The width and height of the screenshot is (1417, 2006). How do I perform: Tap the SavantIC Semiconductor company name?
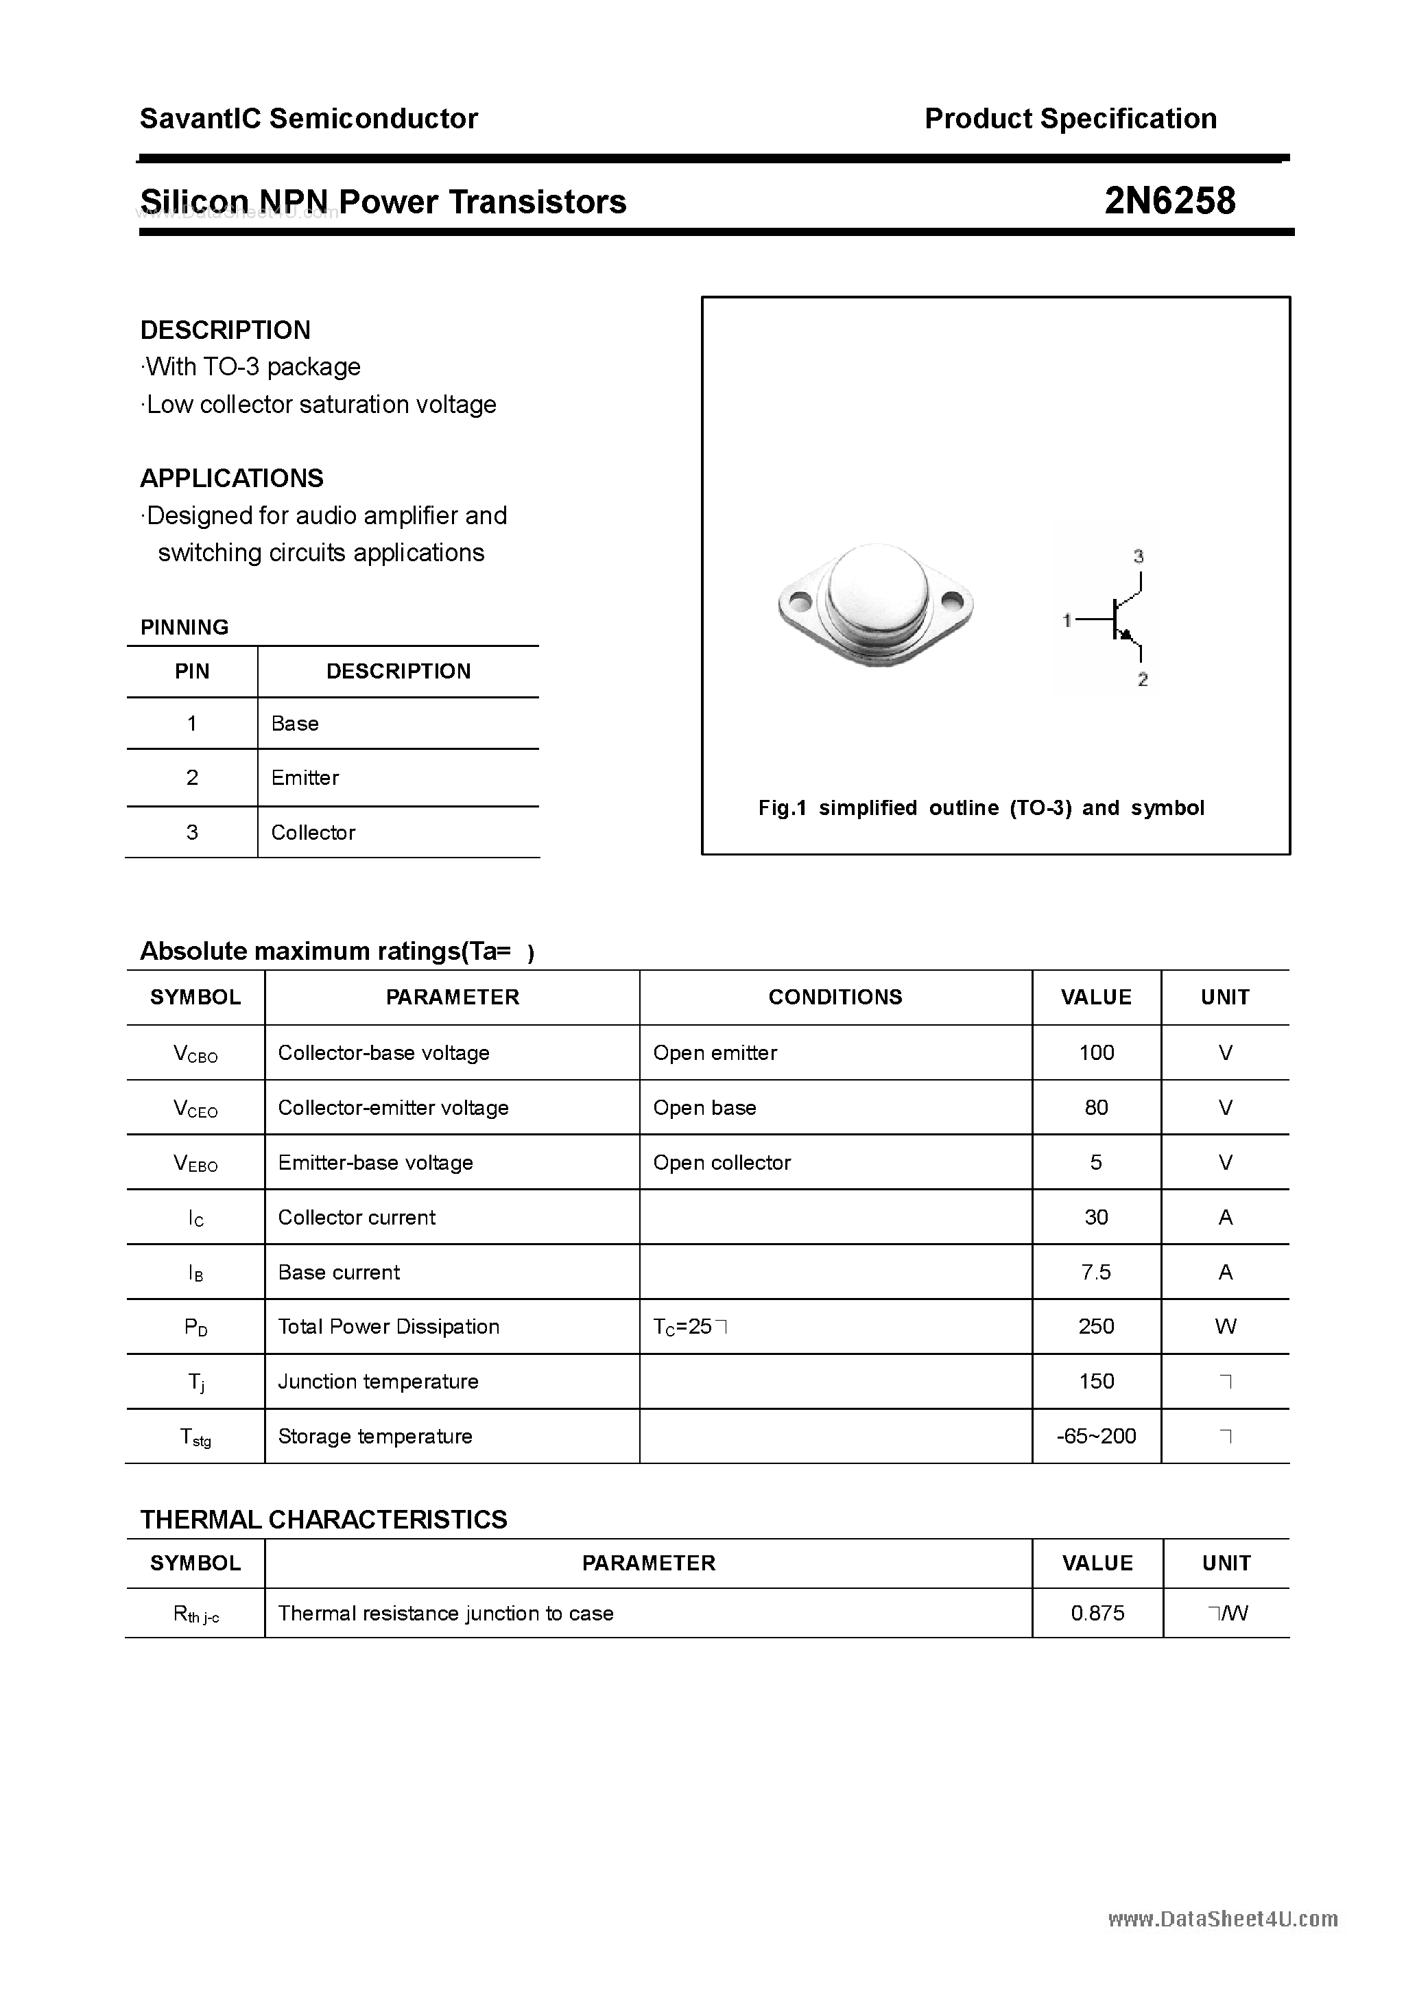point(309,118)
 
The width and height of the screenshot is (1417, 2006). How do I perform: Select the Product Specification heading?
point(1070,118)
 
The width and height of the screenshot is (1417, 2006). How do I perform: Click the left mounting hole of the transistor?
point(799,601)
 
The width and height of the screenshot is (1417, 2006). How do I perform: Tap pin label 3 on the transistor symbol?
point(1139,556)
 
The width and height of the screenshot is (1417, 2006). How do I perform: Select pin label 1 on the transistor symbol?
point(1067,620)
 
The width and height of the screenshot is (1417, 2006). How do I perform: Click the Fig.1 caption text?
point(981,808)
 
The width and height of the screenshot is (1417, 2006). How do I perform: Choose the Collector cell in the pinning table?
point(313,833)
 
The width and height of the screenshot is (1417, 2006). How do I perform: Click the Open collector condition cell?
point(722,1163)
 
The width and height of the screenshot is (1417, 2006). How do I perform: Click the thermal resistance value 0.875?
point(1097,1613)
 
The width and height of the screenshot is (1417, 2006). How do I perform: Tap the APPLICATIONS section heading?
point(232,478)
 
